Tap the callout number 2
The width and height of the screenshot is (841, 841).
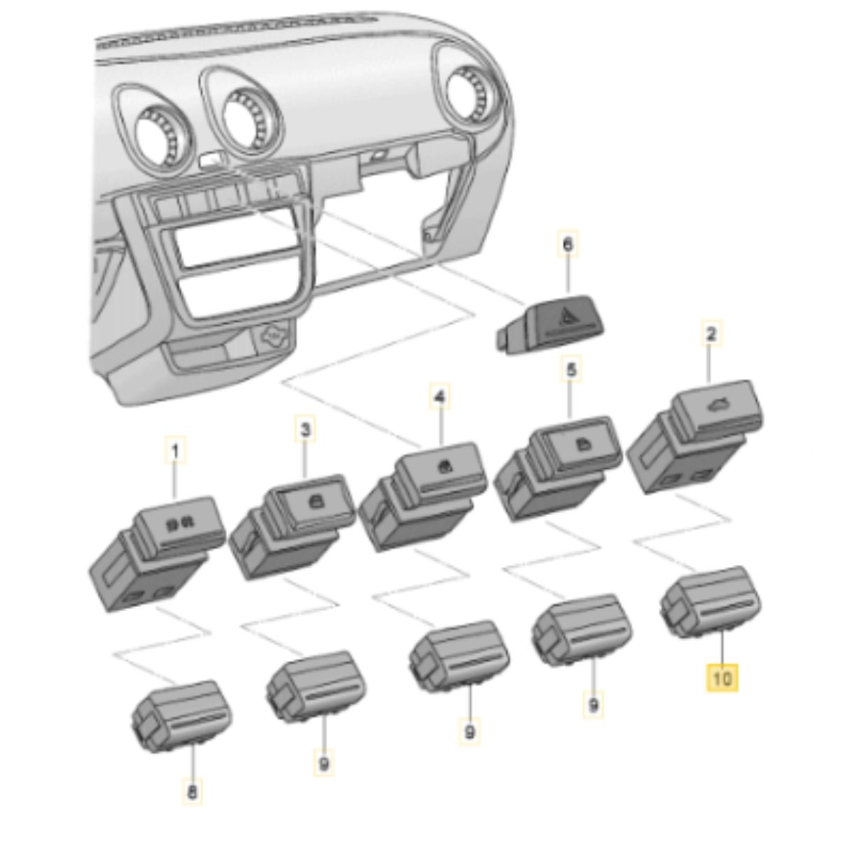pyautogui.click(x=710, y=334)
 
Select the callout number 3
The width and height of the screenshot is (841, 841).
pyautogui.click(x=305, y=428)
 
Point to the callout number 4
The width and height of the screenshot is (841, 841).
pyautogui.click(x=439, y=397)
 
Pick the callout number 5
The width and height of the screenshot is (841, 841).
pyautogui.click(x=571, y=369)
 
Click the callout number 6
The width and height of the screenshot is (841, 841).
pyautogui.click(x=568, y=245)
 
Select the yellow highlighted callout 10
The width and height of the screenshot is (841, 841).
pyautogui.click(x=722, y=678)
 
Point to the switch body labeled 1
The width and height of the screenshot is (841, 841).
pyautogui.click(x=158, y=554)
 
